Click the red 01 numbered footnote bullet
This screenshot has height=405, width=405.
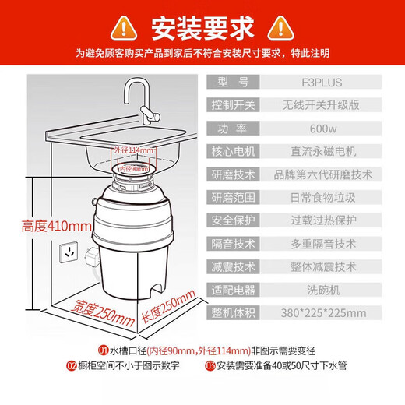(x=103, y=350)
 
